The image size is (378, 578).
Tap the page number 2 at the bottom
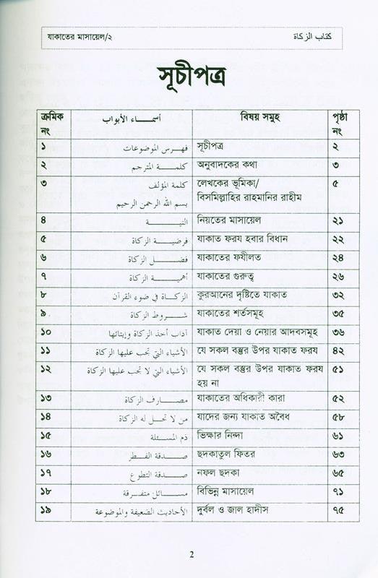click(x=192, y=555)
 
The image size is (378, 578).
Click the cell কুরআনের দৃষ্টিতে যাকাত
click(x=237, y=296)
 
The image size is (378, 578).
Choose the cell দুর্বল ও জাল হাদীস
click(x=233, y=511)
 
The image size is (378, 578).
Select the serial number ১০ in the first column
click(x=45, y=332)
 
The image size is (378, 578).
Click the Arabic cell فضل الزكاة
click(x=150, y=258)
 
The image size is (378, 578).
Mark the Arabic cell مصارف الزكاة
click(x=150, y=399)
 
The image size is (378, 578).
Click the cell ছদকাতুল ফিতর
click(x=225, y=454)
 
